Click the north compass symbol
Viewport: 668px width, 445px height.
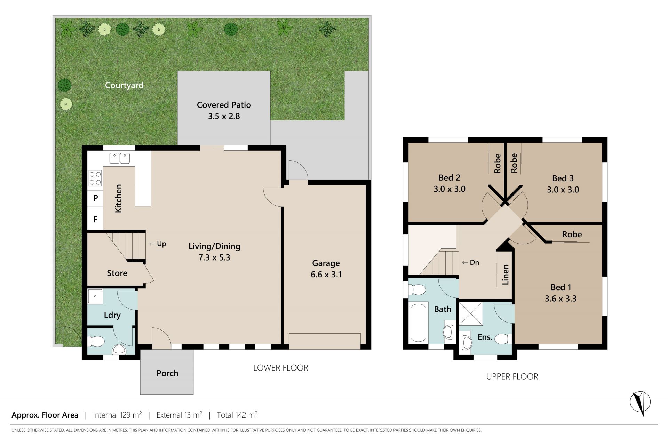[x=640, y=403]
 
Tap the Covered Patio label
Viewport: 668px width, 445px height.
[x=224, y=105]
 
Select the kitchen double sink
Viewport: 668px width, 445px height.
[x=120, y=158]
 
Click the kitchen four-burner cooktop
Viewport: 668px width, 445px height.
[x=95, y=178]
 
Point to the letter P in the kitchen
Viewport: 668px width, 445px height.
[x=95, y=198]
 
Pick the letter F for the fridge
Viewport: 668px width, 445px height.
[x=95, y=220]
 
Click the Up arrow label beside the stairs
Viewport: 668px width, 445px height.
[x=158, y=244]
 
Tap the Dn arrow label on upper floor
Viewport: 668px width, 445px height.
[x=470, y=262]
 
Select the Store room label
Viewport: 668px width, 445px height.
[x=117, y=273]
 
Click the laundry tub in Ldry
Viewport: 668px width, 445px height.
[x=95, y=296]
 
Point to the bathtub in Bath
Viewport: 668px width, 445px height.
[x=418, y=323]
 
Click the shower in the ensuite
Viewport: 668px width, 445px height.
[x=471, y=314]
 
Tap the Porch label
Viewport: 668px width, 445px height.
[x=167, y=373]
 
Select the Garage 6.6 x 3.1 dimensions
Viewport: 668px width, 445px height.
[x=326, y=275]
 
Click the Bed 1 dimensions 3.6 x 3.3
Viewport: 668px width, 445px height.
[x=560, y=299]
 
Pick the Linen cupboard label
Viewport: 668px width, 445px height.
[x=506, y=275]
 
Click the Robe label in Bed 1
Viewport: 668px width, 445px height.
[x=572, y=235]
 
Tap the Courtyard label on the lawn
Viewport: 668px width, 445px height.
[x=124, y=85]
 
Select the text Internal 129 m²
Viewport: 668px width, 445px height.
[x=117, y=415]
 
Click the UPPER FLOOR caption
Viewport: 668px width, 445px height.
[x=512, y=376]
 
